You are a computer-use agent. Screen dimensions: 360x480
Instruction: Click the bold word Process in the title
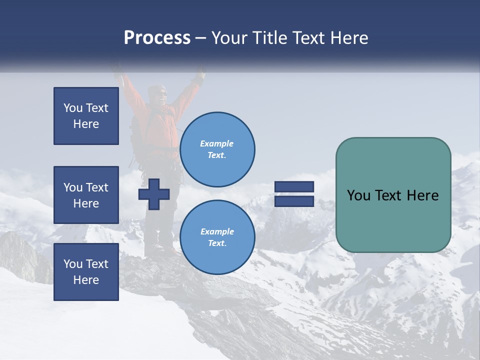(157, 38)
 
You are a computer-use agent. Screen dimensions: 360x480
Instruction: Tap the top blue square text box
(86, 116)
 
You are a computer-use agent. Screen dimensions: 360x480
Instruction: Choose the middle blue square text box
(86, 195)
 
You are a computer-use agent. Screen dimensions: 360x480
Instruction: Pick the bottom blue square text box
(86, 272)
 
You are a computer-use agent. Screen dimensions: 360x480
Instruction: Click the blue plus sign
(154, 194)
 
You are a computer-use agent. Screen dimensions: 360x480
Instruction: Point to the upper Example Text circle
(217, 149)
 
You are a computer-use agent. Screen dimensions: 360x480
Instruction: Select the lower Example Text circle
(217, 237)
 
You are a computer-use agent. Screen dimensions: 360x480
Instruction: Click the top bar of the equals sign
(294, 186)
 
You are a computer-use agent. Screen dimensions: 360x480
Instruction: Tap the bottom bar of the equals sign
(294, 201)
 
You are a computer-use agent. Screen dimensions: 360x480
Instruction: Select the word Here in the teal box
(423, 195)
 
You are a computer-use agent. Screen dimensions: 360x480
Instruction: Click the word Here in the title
(347, 38)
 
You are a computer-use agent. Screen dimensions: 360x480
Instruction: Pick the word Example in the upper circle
(217, 143)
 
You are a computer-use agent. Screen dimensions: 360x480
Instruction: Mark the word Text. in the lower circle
(217, 243)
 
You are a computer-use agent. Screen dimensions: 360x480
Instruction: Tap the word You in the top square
(72, 108)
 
